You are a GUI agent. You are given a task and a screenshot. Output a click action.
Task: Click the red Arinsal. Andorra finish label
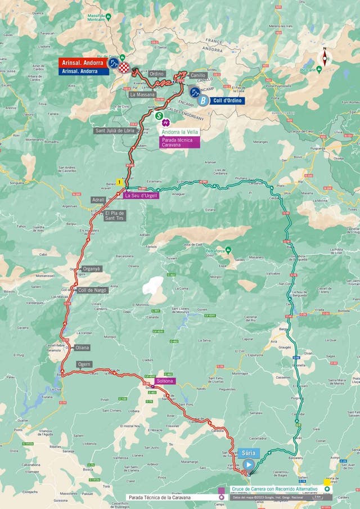click(x=83, y=63)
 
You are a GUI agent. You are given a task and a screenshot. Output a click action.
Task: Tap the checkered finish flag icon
click(x=124, y=67)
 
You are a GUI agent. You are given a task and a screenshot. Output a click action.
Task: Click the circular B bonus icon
click(x=201, y=101)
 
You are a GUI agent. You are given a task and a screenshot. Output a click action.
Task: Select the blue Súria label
click(x=249, y=452)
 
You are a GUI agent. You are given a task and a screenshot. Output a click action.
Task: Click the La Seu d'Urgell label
click(x=141, y=196)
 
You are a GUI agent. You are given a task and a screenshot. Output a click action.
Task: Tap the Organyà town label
click(x=91, y=269)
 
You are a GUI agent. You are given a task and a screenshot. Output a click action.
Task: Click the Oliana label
click(x=82, y=348)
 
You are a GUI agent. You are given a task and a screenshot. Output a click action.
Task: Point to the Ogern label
click(x=84, y=364)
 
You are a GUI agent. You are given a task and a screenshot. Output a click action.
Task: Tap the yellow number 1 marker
click(x=119, y=182)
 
